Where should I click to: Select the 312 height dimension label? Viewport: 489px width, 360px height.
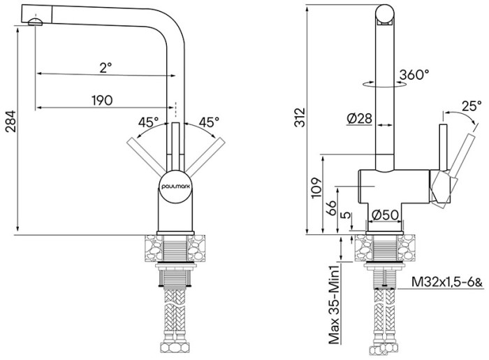click(x=300, y=117)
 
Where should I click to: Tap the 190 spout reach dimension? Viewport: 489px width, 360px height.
click(x=102, y=100)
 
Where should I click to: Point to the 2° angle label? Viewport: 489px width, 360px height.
click(x=105, y=67)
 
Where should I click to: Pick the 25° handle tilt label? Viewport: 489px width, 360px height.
click(x=472, y=106)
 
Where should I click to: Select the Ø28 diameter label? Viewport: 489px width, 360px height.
click(x=359, y=119)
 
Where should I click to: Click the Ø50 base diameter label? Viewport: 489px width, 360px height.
click(x=385, y=214)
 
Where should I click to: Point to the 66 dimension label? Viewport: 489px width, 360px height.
click(x=332, y=208)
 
